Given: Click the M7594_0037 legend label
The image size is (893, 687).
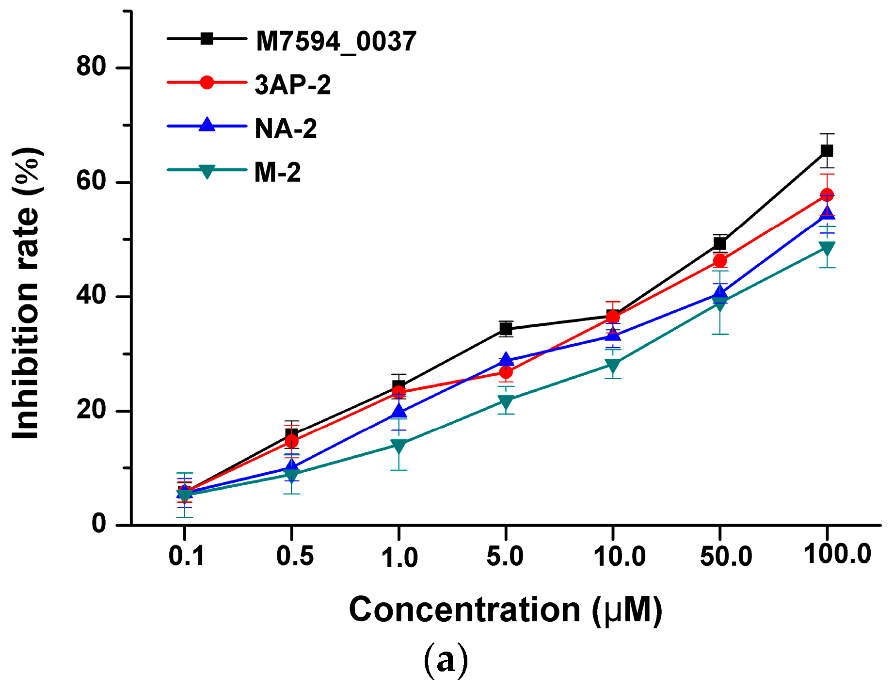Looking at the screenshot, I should [335, 41].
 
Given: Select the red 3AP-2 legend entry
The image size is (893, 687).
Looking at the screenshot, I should [292, 85].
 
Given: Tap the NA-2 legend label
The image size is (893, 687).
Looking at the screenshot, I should [286, 128].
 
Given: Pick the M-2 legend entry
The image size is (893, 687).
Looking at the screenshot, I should [277, 172].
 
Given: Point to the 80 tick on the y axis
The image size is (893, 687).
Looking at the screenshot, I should [91, 66].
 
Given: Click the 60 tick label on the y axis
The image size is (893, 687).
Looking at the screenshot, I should [91, 181].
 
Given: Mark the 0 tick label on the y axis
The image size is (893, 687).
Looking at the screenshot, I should [99, 524].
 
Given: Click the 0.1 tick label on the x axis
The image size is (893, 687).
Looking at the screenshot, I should [187, 556].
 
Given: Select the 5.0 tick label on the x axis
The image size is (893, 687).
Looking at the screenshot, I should [505, 556].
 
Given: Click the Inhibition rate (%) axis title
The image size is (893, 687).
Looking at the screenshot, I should [27, 293].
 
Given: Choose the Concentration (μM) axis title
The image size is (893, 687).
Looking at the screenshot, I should [505, 609].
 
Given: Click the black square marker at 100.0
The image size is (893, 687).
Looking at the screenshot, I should [827, 151].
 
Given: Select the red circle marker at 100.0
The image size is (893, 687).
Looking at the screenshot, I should [827, 195].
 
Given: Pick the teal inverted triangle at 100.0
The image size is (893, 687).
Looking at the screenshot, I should [827, 248].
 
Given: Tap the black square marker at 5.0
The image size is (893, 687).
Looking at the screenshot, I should [506, 329].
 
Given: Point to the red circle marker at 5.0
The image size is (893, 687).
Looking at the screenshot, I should [506, 372].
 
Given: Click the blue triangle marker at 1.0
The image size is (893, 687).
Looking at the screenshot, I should [399, 411].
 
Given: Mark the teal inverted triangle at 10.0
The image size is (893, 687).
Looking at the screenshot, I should [613, 364].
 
